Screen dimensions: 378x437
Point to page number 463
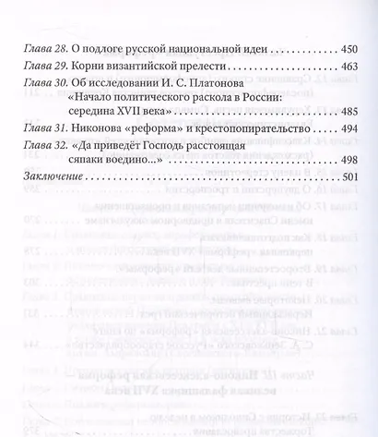coord(340,71)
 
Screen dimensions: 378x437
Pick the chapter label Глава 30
coord(43,91)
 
